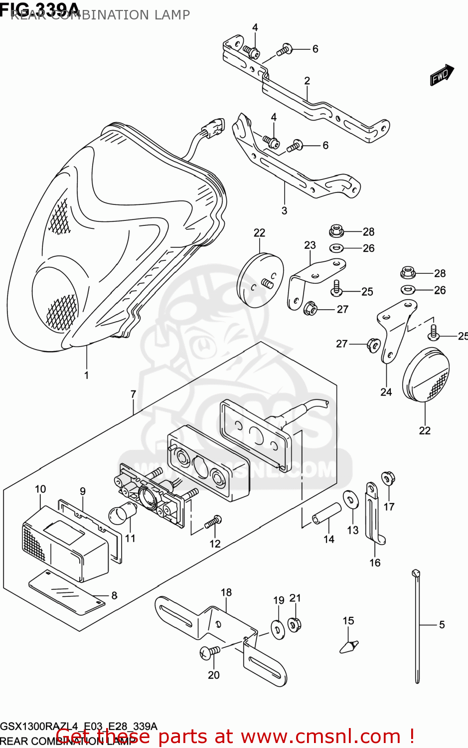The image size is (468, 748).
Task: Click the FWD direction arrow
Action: (442, 75)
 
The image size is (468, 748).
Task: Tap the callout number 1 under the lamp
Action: (87, 375)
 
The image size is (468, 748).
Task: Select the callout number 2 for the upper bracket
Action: (307, 81)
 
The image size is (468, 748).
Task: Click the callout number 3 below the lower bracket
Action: (284, 210)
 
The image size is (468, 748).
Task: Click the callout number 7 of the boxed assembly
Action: (133, 394)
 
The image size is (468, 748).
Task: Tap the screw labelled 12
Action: (213, 522)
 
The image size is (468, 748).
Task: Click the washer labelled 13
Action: (351, 500)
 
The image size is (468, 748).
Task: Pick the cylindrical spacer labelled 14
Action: (327, 514)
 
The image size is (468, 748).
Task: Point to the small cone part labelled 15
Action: (349, 645)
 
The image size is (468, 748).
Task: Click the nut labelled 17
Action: (388, 479)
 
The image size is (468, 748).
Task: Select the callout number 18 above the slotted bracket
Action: (226, 592)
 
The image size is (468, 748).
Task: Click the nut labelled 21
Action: (294, 623)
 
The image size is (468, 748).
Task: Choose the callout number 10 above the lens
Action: (40, 489)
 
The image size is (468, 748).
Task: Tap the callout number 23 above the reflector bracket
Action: (310, 245)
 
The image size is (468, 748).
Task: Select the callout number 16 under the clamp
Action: (375, 562)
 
